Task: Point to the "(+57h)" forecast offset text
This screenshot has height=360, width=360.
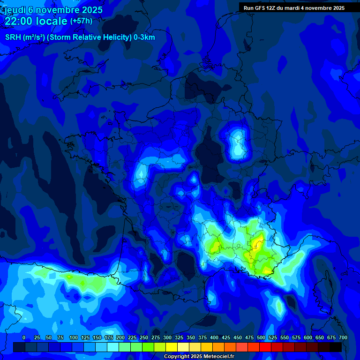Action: pos(81,21)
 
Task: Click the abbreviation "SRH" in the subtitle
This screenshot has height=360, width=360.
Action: pos(13,37)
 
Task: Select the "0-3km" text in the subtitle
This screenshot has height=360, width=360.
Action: pos(144,37)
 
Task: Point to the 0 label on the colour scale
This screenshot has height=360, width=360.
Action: pos(24,337)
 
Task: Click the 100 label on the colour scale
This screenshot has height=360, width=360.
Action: pos(74,337)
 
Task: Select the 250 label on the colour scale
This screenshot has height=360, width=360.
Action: pos(144,337)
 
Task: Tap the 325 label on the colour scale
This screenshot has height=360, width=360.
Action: pos(179,337)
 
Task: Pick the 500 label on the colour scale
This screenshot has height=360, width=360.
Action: pos(261,337)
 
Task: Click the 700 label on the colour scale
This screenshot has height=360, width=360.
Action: pos(343,337)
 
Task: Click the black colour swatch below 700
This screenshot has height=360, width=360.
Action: pos(336,347)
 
